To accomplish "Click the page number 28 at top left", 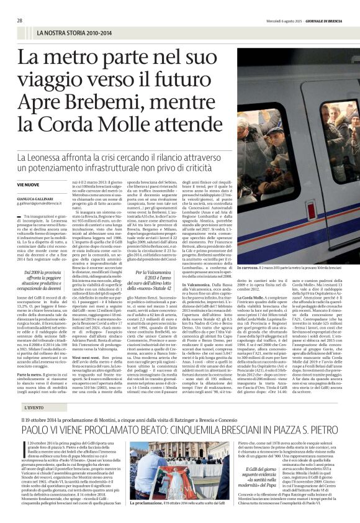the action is pyautogui.click(x=20, y=20).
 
